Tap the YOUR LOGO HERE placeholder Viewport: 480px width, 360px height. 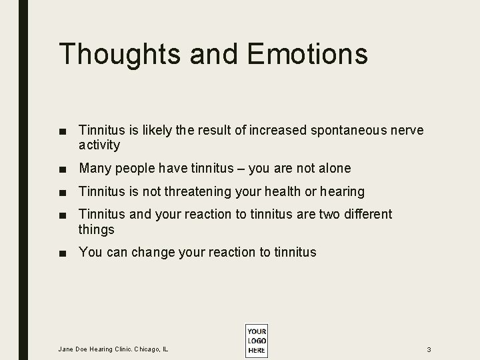tap(256, 341)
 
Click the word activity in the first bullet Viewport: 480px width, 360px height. tap(99, 145)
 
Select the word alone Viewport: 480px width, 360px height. tap(332, 169)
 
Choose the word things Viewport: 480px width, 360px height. tap(97, 230)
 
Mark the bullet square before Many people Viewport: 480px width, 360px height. tap(63, 169)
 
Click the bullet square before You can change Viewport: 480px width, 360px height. tap(63, 253)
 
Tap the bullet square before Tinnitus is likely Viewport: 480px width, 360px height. tap(63, 131)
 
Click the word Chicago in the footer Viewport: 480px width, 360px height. tap(147, 349)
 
